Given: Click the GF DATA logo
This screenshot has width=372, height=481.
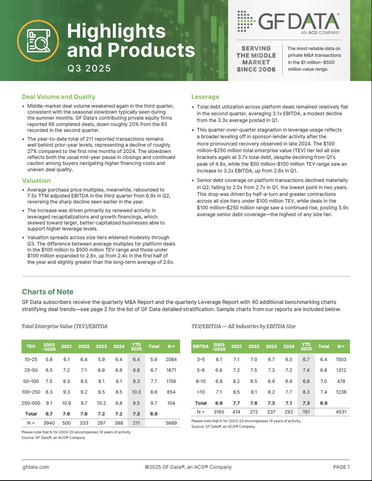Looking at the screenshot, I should click(288, 21).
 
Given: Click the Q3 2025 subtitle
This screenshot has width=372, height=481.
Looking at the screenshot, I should click(89, 68).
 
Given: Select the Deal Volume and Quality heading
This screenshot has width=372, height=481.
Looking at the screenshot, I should click(58, 97).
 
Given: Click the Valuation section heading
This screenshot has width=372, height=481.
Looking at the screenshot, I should click(36, 181).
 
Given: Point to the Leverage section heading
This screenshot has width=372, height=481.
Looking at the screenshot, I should click(205, 97).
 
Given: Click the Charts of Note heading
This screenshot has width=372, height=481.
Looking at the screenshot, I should click(48, 292).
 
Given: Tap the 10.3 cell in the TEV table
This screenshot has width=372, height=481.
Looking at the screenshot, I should click(136, 392).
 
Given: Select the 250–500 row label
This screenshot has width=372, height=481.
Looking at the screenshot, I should click(31, 403).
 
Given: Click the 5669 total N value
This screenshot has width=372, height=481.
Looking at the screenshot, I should click(171, 423).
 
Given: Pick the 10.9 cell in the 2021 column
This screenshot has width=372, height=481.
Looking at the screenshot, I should click(66, 403).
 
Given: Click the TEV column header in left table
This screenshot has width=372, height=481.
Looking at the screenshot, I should click(31, 346).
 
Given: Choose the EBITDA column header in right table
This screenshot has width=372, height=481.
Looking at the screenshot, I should click(201, 346).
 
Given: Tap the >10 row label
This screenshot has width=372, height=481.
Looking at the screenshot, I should click(201, 392).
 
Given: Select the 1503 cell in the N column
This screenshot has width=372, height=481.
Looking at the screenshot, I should click(341, 359).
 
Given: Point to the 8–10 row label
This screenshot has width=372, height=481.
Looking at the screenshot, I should click(201, 381).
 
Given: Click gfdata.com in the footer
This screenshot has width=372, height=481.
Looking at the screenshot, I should click(36, 467).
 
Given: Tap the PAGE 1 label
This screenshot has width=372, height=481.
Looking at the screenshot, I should click(341, 467).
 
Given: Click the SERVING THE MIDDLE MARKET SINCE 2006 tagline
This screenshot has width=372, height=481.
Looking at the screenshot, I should click(256, 59).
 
